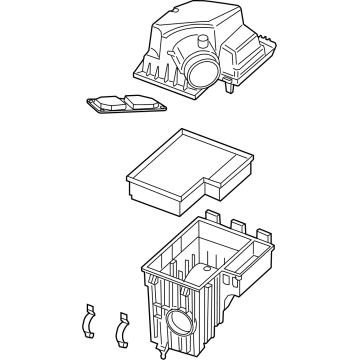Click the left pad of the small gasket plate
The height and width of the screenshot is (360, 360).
pyautogui.click(x=102, y=103)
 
